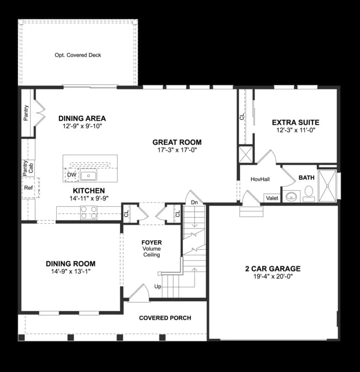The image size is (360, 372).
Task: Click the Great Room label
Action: coord(177,142)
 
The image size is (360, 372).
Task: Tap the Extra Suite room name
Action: coord(296,122)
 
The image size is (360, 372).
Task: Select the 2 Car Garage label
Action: coord(273,269)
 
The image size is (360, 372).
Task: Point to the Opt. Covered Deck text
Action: coord(78,55)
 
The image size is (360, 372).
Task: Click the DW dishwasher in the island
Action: coord(71,175)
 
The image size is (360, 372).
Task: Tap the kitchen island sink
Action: coord(88,176)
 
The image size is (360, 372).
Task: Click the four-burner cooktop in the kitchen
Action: coord(88,212)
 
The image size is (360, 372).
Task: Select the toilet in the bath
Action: coord(309,194)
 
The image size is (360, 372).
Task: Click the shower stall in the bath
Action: coord(327,186)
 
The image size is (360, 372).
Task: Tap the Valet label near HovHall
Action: coord(272,198)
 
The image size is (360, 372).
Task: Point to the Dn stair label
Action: coord(194,203)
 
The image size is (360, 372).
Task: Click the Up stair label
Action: coord(158,287)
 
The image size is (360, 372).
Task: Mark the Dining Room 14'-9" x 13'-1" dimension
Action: coord(71,271)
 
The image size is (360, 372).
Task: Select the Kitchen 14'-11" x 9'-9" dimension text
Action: coord(89,198)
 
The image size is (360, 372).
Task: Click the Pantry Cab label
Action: coord(28,168)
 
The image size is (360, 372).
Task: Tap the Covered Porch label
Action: coord(165,318)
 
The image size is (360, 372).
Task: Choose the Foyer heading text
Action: coord(152,242)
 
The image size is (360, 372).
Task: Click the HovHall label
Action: coord(260,179)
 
